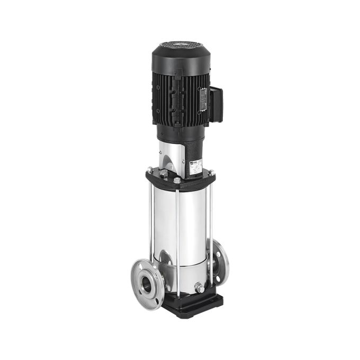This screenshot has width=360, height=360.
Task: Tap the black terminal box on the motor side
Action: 215,104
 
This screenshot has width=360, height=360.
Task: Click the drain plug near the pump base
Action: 199,287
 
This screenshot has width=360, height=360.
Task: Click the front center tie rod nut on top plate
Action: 177,180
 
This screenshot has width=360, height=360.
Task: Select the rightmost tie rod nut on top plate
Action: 211,172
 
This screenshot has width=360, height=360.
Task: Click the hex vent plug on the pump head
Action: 164,173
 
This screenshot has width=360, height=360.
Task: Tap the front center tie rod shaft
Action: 177,238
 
